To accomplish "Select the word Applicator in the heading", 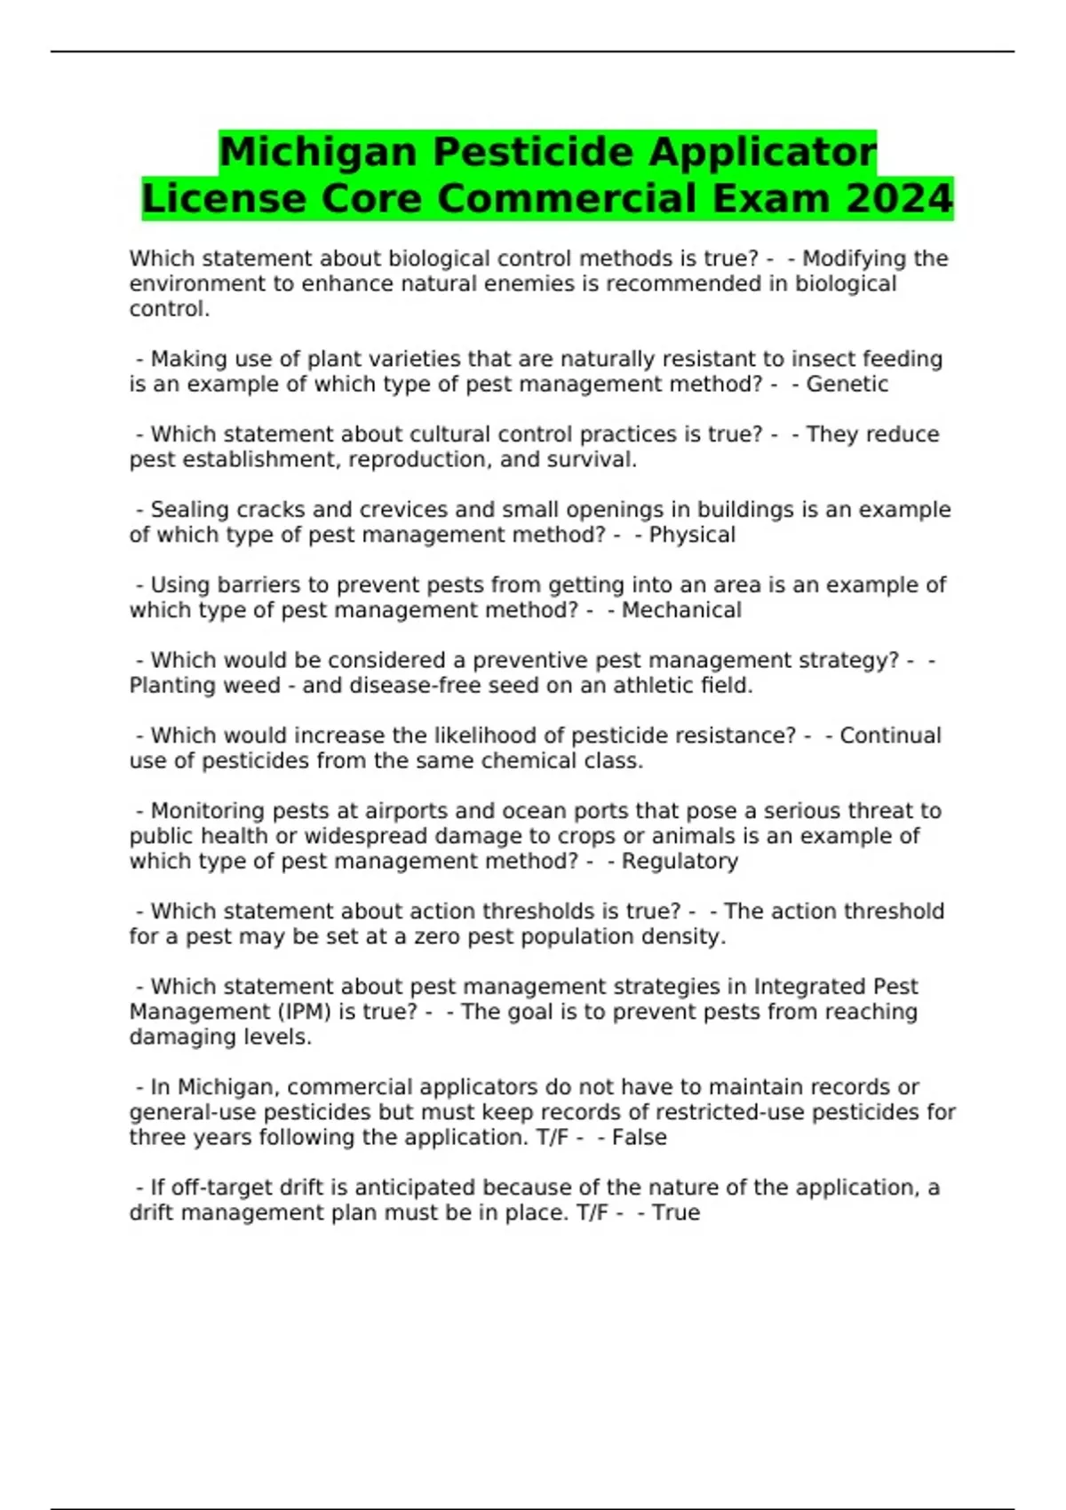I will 761,152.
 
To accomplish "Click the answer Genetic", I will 847,385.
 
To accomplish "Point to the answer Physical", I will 692,535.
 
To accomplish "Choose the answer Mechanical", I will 681,610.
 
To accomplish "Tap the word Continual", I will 890,735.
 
